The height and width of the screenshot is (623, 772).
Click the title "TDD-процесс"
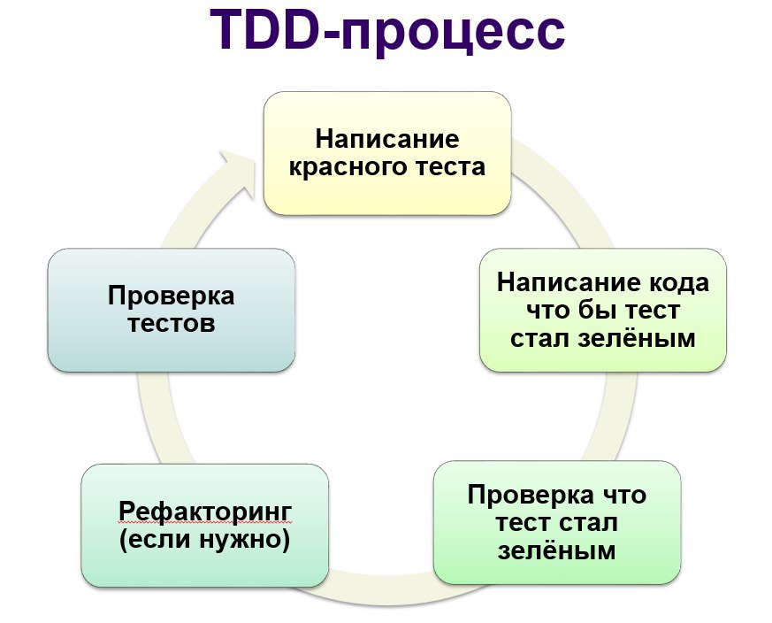387,31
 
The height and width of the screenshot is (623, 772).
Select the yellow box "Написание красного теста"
387,153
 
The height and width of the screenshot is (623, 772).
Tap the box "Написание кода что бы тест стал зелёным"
603,310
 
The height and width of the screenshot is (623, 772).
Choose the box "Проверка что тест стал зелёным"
557,522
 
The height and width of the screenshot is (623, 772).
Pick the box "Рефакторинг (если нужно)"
205,526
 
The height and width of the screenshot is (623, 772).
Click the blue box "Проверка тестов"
172,310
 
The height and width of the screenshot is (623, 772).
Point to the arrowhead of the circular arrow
239,173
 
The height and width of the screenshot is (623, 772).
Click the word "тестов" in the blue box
172,324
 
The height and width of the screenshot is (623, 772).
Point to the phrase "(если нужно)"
205,539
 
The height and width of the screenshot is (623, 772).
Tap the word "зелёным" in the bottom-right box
557,550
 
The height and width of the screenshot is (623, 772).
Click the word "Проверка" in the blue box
172,296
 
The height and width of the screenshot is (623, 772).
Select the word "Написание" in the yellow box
387,140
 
